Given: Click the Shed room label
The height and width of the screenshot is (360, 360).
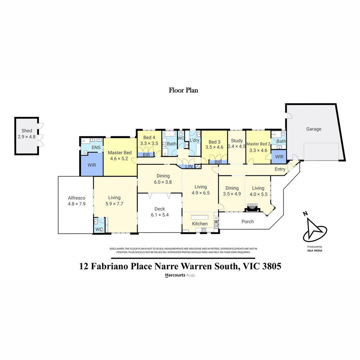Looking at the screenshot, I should [x=27, y=131].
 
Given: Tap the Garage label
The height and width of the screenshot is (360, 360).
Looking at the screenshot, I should [x=314, y=129].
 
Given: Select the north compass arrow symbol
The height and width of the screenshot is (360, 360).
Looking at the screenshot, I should [x=313, y=229].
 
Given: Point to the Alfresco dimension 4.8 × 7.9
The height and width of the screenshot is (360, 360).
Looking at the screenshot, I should [x=77, y=204].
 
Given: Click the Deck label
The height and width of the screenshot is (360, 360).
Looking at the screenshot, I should [x=160, y=209].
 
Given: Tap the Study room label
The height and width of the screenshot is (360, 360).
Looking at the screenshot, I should [x=237, y=141].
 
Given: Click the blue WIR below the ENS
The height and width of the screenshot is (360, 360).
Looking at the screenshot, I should [x=91, y=165].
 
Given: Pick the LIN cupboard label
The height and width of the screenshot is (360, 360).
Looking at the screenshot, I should [x=189, y=166].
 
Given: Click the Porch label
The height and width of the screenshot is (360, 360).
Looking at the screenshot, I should [x=247, y=222].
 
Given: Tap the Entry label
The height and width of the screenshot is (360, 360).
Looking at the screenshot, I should [x=280, y=169].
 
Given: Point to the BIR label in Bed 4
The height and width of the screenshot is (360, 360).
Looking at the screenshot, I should [x=146, y=155].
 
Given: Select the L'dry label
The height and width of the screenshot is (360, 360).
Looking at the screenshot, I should [x=194, y=140].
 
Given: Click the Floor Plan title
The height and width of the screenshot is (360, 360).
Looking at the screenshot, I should [x=183, y=90].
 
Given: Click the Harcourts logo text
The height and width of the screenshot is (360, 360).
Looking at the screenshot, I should [x=175, y=275].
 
